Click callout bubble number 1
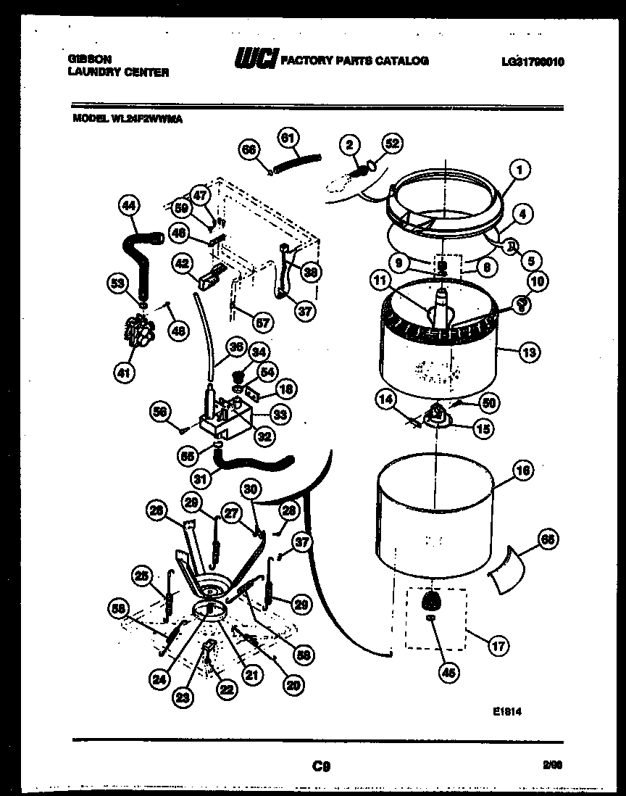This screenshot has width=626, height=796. [x=519, y=170]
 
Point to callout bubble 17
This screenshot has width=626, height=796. [x=499, y=645]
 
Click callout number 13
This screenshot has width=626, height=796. [x=529, y=353]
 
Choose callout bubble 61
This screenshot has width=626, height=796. [x=288, y=138]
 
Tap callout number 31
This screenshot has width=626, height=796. [x=204, y=479]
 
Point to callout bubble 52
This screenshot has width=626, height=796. [x=392, y=144]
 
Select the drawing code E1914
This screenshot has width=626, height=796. [x=506, y=712]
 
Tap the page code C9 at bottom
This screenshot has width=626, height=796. [x=322, y=765]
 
